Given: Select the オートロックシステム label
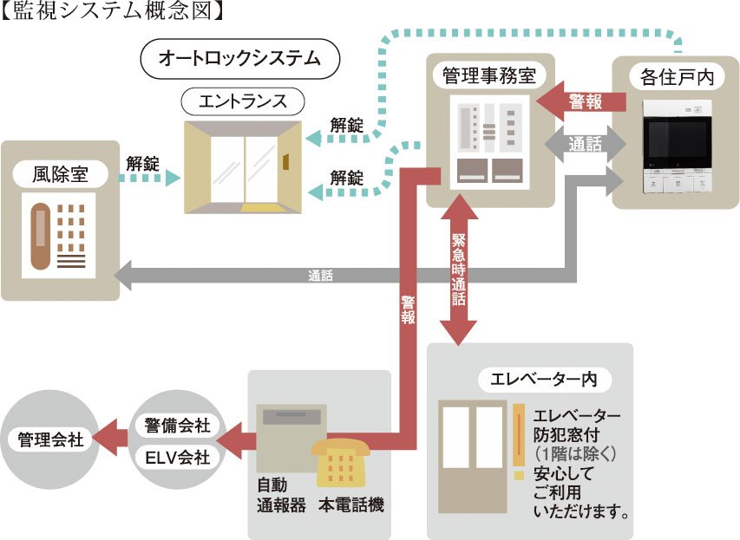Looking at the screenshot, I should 239,59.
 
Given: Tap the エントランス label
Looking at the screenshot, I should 243,101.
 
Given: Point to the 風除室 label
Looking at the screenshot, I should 61,174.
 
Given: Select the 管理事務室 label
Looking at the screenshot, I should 489,75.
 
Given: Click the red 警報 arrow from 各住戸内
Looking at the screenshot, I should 582,101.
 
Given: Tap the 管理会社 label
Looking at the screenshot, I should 50,439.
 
